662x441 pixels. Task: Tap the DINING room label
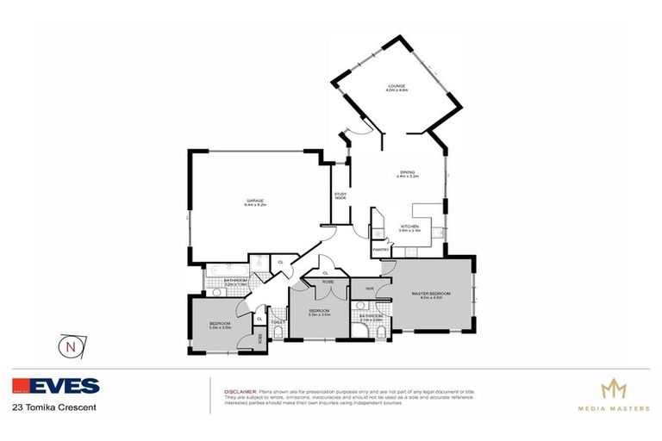pyautogui.click(x=407, y=171)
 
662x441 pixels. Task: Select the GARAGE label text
pyautogui.click(x=253, y=201)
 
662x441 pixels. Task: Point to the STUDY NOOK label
pyautogui.click(x=340, y=196)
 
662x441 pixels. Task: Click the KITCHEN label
pyautogui.click(x=409, y=226)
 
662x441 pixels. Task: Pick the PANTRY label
pyautogui.click(x=380, y=250)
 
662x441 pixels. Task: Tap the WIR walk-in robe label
pyautogui.click(x=369, y=289)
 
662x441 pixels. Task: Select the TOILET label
pyautogui.click(x=278, y=322)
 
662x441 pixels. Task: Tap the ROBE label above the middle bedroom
pyautogui.click(x=328, y=282)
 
